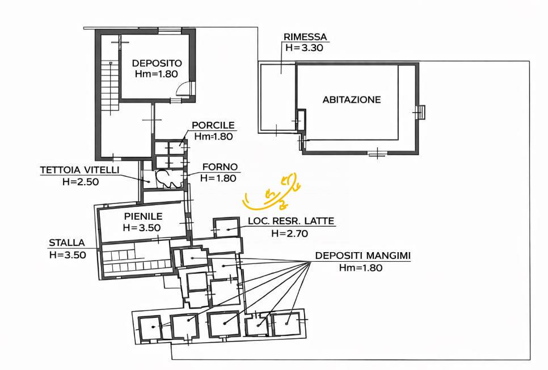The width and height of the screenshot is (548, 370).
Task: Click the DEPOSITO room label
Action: (x=157, y=63)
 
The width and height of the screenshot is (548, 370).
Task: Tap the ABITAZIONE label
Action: (x=352, y=100)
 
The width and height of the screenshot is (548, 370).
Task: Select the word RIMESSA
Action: (x=305, y=37)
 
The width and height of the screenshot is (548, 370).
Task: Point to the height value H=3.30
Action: (x=304, y=48)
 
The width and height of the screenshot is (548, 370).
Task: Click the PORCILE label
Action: (x=213, y=125)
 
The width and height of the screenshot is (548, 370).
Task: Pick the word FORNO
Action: (x=220, y=167)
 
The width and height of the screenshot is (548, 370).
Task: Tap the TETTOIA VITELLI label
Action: (x=79, y=170)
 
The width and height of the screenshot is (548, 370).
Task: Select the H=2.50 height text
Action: (x=81, y=182)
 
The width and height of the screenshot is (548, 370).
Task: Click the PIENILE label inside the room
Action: (x=144, y=216)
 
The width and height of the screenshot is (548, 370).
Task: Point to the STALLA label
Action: (x=67, y=243)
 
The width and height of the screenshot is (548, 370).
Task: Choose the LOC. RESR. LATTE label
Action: (x=291, y=221)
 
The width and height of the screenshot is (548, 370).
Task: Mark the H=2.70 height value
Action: (x=290, y=233)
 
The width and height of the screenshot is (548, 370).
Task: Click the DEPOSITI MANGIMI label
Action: (x=362, y=256)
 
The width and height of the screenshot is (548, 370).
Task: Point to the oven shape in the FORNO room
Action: (x=169, y=178)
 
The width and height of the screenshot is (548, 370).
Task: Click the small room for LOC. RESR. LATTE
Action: (x=226, y=228)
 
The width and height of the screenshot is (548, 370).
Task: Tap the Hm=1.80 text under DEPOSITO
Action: (x=157, y=74)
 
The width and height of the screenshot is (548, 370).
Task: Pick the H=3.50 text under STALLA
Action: (x=68, y=255)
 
